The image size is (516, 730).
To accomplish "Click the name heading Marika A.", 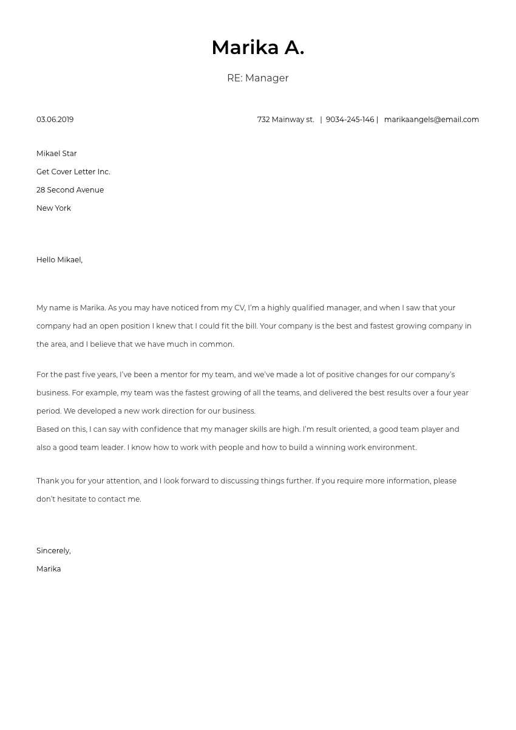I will [x=257, y=47].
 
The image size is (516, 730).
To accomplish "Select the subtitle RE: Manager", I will [x=257, y=78].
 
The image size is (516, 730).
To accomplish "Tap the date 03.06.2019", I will [x=55, y=120].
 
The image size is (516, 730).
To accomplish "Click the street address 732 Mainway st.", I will [x=285, y=120].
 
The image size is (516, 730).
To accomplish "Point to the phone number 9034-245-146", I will [x=350, y=120].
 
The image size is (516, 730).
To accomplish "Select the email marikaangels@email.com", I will [x=431, y=120].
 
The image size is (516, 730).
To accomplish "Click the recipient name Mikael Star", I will [x=56, y=154].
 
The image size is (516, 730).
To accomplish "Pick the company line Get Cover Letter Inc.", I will [x=73, y=172].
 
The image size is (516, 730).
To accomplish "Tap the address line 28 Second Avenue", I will [x=70, y=190].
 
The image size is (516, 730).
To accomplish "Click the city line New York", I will [x=53, y=208].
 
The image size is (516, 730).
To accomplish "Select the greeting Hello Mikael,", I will [x=59, y=260].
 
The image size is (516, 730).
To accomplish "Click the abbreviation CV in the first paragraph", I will [x=239, y=308].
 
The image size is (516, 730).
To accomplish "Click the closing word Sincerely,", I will [x=53, y=551].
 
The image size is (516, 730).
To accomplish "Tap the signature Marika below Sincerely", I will [x=49, y=569].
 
